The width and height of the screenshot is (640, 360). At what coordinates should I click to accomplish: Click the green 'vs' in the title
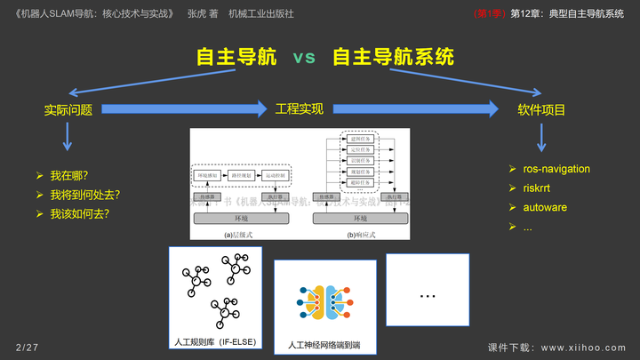304,58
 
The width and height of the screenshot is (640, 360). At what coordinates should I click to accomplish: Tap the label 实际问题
68,110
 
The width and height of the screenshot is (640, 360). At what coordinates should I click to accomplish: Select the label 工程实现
299,108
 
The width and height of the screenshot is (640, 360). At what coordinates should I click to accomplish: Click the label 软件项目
541,110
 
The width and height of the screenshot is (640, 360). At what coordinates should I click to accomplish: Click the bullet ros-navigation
556,169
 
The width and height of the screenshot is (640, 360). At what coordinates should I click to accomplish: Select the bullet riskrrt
538,188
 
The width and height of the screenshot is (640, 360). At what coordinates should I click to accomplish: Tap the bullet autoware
545,208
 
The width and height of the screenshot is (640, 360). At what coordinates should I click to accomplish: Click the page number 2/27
27,346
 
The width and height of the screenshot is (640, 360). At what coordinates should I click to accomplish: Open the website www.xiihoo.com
583,347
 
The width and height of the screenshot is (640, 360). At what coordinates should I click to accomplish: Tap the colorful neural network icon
326,302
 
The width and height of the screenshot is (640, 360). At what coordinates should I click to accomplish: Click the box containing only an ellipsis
427,294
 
